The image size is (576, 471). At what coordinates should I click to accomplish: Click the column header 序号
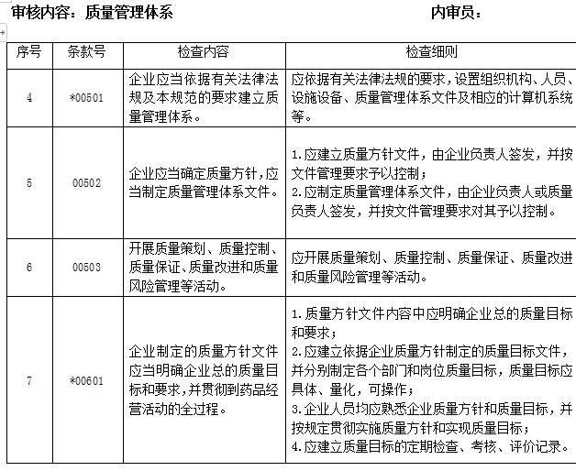(x=29, y=52)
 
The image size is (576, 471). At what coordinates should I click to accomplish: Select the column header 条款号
(x=86, y=52)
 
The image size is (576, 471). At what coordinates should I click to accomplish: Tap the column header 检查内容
(x=203, y=52)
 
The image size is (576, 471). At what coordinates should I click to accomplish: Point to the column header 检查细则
(x=431, y=52)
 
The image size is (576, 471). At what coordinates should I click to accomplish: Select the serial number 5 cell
(x=29, y=182)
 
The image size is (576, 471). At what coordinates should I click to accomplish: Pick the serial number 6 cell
(x=29, y=267)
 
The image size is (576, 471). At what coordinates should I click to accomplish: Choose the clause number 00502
(x=86, y=182)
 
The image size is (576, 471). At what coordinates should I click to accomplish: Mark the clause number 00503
(x=86, y=267)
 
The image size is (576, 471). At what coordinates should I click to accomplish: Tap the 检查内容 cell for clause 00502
(x=203, y=182)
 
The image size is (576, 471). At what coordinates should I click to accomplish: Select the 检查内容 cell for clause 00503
(x=203, y=267)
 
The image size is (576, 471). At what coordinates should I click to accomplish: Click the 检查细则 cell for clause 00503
(x=431, y=267)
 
